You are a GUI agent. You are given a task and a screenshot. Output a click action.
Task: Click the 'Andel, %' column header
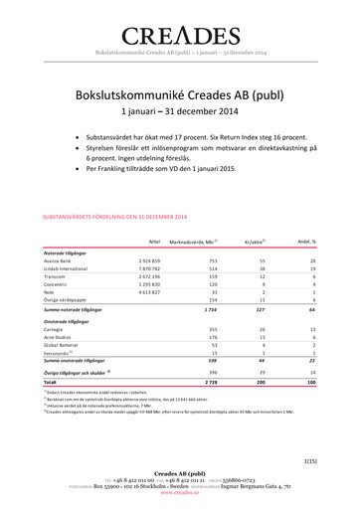click(x=306, y=242)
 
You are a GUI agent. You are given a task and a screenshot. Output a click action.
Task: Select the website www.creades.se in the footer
click(x=179, y=502)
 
